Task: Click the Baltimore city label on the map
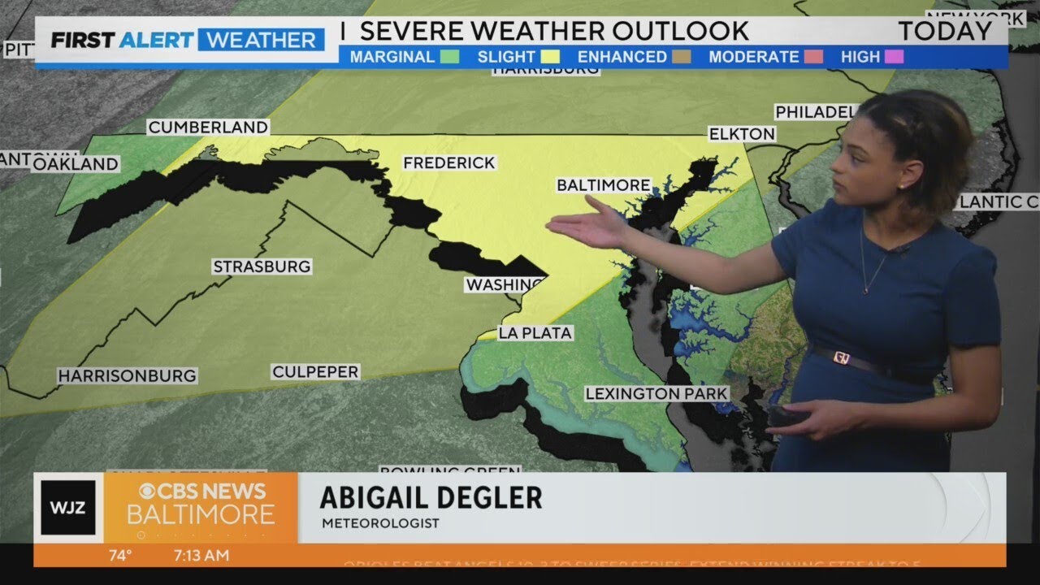pos(603,185)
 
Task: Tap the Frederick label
pos(449,162)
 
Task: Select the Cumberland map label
pos(208,128)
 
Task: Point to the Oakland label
pos(76,164)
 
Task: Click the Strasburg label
pos(262,266)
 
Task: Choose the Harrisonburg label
pos(127,375)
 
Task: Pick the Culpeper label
pos(315,372)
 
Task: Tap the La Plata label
pos(535,333)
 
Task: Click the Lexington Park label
pos(656,394)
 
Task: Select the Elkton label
pos(742,134)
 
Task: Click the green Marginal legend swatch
pos(450,57)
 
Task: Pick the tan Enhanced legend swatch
pos(681,57)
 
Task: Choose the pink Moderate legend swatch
pos(813,57)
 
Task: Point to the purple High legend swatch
pos(895,57)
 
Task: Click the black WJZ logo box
pos(68,508)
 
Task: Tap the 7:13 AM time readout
pos(202,556)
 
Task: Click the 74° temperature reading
pos(120,556)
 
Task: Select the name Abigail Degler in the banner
pos(431,497)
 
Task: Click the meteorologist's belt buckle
pos(842,357)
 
